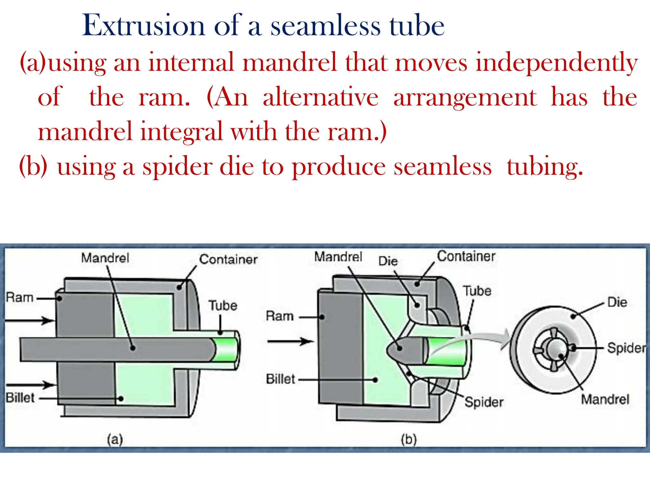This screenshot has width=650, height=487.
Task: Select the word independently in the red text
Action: click(556, 62)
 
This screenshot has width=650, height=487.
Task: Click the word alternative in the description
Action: click(321, 97)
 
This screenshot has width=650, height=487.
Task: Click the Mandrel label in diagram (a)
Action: click(105, 258)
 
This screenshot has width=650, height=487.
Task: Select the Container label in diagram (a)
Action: click(228, 259)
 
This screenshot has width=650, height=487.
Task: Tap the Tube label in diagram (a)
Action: click(223, 306)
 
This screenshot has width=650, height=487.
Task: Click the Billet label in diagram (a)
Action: click(20, 398)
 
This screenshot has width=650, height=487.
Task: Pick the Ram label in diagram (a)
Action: click(20, 297)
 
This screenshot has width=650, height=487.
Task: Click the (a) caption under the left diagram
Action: click(115, 439)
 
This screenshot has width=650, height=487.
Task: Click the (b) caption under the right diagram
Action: click(408, 439)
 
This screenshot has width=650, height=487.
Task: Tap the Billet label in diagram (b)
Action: click(280, 379)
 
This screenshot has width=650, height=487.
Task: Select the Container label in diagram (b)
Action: click(466, 256)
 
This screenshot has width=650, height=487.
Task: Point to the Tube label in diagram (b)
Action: click(477, 291)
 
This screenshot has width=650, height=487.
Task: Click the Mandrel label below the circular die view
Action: click(605, 399)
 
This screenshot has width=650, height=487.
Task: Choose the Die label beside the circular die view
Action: click(617, 302)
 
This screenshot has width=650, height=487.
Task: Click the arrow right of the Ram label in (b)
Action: click(290, 341)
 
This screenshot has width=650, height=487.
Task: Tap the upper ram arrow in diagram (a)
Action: click(30, 321)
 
